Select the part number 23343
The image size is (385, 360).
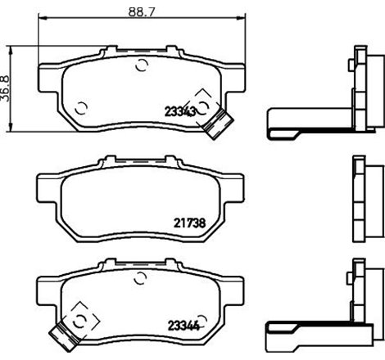(182, 113)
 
